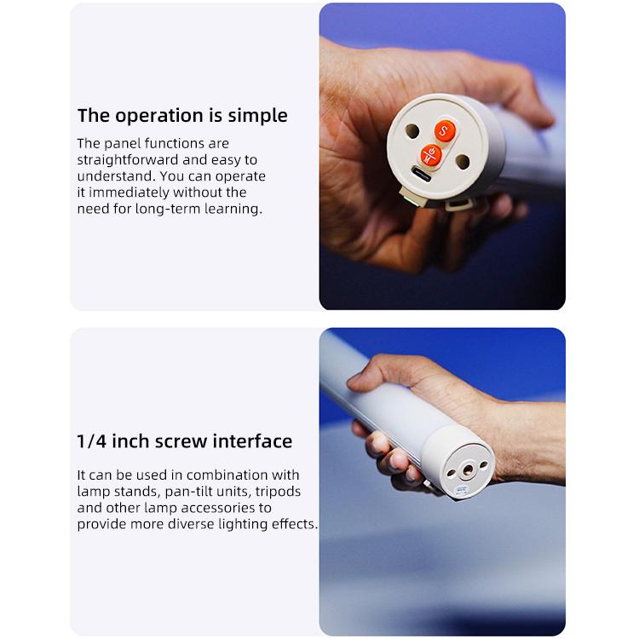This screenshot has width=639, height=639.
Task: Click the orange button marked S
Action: (x=444, y=131)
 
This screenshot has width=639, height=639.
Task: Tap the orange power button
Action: (x=431, y=155)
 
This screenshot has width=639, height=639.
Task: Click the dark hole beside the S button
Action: (x=412, y=131)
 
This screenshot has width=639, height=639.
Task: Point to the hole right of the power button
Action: (x=463, y=162)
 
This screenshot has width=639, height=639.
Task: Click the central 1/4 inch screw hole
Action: (x=468, y=470)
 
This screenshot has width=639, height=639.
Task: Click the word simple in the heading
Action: (x=257, y=116)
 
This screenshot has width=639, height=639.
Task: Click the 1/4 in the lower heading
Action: (x=92, y=441)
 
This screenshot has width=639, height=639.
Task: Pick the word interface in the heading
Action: (x=252, y=441)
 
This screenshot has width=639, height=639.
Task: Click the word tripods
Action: (x=278, y=492)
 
